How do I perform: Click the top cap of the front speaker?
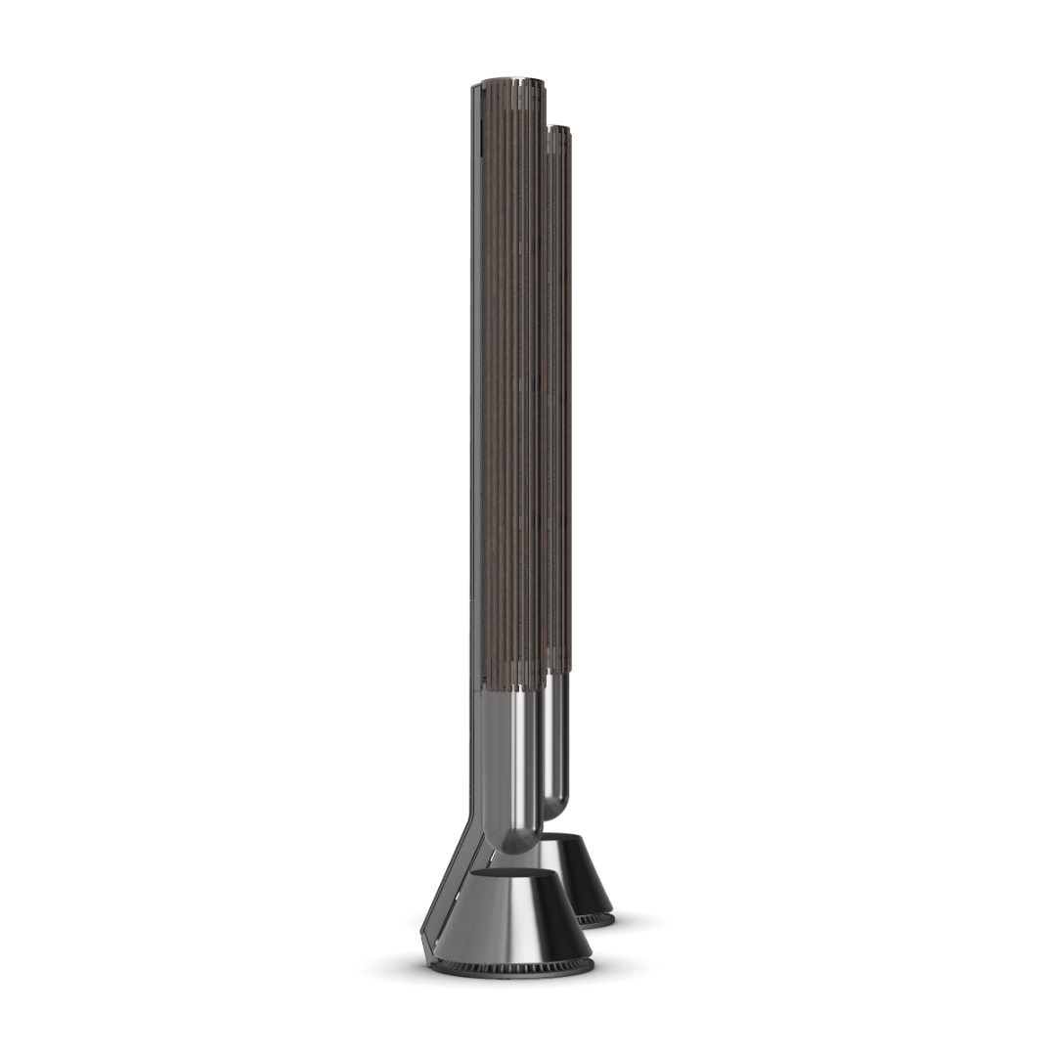point(509,82)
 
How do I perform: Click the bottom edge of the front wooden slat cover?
point(513,688)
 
